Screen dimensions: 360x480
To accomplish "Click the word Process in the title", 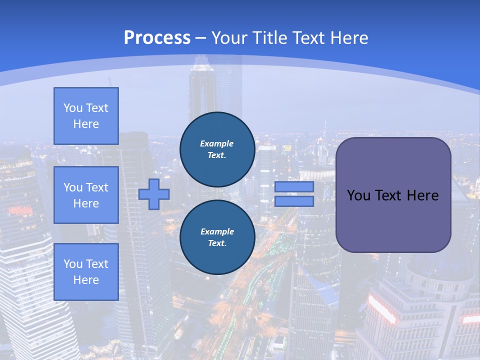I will point(157,38).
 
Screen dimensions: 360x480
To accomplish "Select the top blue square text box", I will point(86,116).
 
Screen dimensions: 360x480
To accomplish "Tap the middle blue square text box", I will point(86,195).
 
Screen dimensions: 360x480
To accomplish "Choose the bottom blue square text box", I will point(86,272).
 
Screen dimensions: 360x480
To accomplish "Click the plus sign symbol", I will point(154,194).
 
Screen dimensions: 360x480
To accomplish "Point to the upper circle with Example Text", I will point(217,149).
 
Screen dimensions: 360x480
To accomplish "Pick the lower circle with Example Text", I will point(217,237).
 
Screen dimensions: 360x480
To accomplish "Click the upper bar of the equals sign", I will point(294,186).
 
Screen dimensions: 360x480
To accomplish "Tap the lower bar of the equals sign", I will point(294,201).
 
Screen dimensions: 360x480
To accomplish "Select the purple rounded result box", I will point(393,195).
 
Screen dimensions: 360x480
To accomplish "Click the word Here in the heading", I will point(348,38).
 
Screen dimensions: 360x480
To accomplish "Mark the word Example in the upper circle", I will point(217,143).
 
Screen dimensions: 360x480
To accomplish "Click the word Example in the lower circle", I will point(217,231).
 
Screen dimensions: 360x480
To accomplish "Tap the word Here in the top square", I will point(86,124).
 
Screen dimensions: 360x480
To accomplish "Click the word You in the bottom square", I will point(72,264).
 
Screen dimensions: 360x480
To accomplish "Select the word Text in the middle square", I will point(96,187).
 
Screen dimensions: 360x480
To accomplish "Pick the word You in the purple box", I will point(358,195).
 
